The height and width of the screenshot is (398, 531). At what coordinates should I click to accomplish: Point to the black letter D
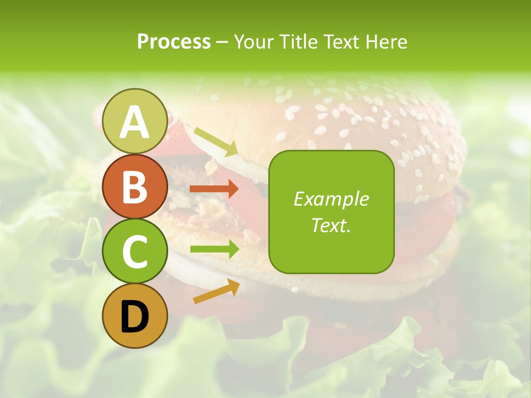134,317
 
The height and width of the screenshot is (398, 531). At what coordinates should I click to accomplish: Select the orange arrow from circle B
214,189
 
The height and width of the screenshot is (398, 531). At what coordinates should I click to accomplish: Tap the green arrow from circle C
214,249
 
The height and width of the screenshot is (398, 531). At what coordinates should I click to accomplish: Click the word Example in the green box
331,199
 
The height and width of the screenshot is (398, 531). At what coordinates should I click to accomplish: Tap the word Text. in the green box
331,225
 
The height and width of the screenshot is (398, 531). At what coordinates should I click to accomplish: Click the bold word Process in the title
174,41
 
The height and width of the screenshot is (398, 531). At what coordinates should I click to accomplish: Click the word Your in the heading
253,41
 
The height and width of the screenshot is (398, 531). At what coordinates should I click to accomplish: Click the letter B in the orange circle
134,187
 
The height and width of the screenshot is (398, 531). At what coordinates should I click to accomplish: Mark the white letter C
134,252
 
